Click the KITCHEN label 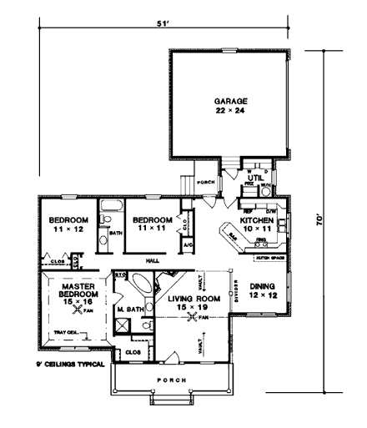257,221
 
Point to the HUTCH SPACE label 269,258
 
